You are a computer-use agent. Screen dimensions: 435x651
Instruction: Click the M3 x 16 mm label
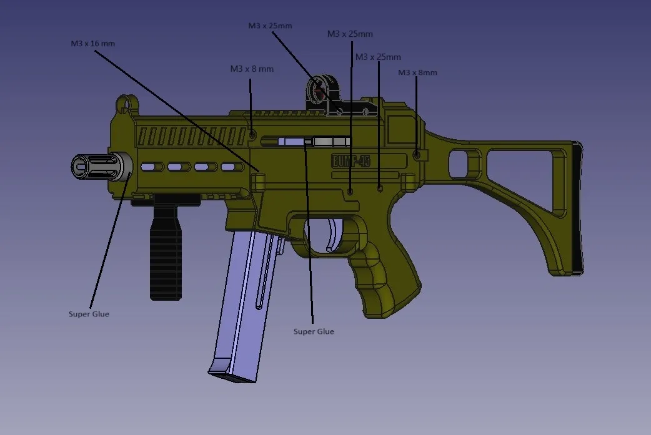click(92, 44)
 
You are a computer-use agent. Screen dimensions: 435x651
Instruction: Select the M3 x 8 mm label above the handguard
click(252, 69)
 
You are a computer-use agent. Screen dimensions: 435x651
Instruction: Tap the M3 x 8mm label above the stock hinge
click(417, 72)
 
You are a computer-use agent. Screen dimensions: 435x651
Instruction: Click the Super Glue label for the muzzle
click(89, 314)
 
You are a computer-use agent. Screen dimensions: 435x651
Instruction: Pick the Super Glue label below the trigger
click(314, 331)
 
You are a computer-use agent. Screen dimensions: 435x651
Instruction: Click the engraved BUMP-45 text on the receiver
click(350, 161)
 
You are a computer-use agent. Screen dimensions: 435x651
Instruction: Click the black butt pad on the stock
click(577, 206)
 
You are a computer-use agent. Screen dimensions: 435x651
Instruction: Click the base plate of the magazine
click(231, 374)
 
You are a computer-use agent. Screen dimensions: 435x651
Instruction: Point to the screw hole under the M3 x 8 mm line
click(252, 134)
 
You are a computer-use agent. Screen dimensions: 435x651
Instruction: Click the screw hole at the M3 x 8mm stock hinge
click(417, 154)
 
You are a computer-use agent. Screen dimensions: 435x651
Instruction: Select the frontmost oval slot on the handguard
click(150, 167)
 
